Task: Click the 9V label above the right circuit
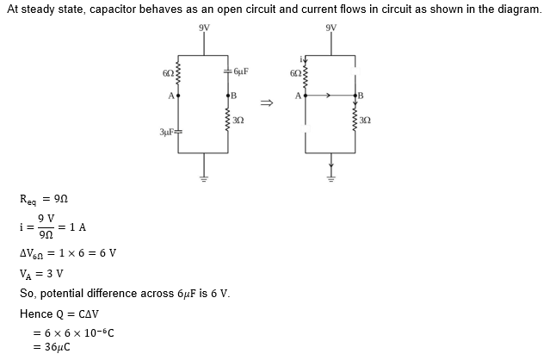[x=331, y=26]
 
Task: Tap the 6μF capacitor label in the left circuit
[x=241, y=70]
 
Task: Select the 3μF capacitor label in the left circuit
[x=166, y=132]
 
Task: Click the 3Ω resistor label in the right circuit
[x=365, y=119]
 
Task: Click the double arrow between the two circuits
[x=267, y=103]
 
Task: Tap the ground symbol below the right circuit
[x=331, y=180]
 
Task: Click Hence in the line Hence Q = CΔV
[x=35, y=313]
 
